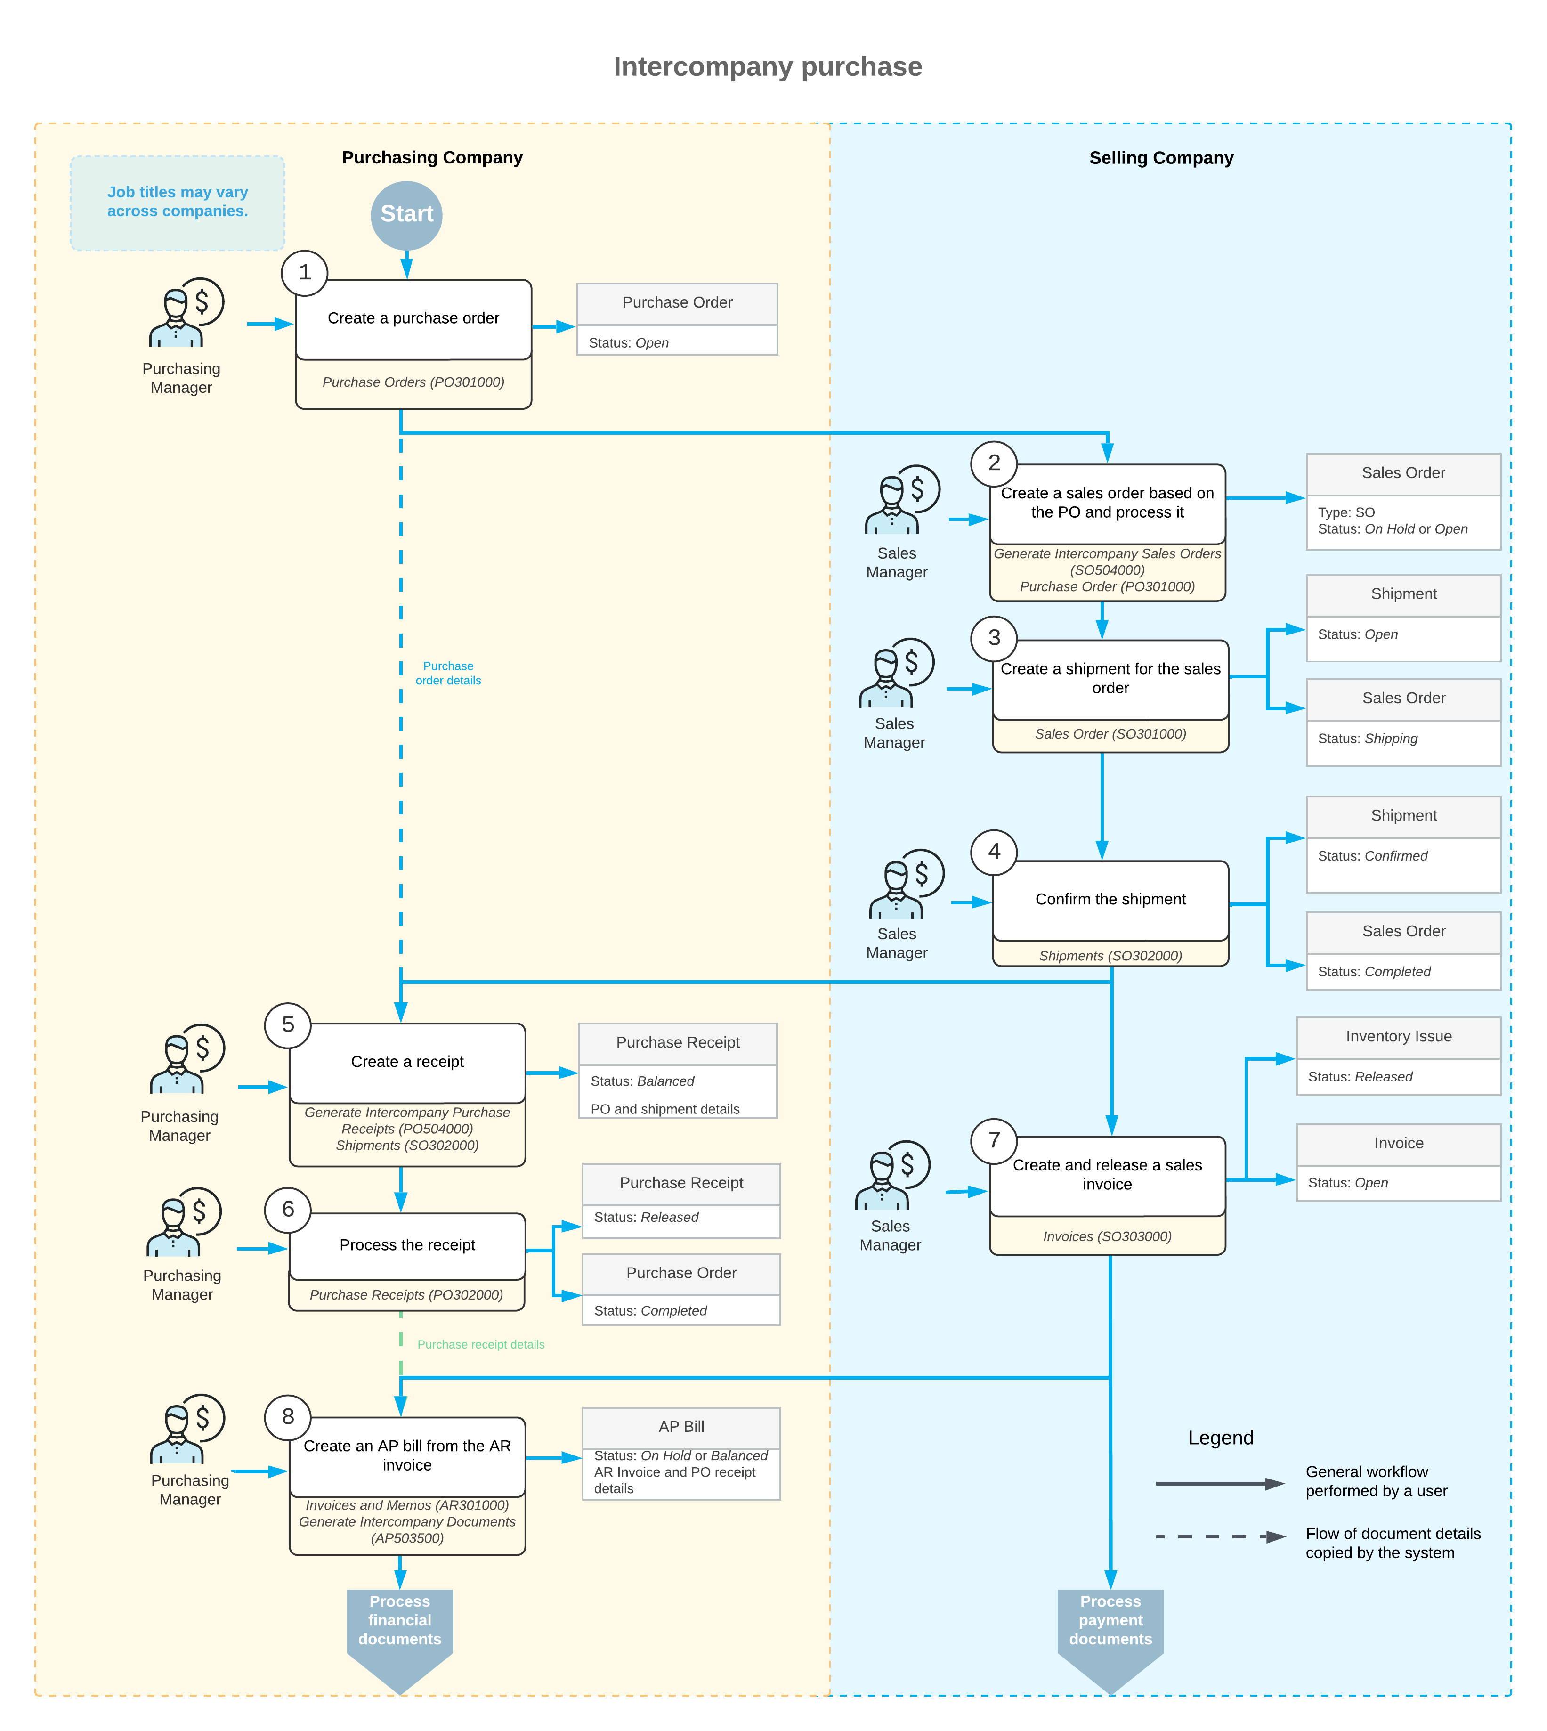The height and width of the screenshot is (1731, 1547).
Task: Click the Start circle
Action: pyautogui.click(x=406, y=216)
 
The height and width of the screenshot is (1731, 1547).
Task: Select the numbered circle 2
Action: pyautogui.click(x=994, y=463)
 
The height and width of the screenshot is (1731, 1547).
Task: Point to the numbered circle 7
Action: pyautogui.click(x=994, y=1141)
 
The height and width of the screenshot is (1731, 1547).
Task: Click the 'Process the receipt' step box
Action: pyautogui.click(x=407, y=1245)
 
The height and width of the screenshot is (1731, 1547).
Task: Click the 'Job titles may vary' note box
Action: pyautogui.click(x=178, y=203)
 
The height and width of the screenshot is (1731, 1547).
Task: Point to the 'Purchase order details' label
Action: pyautogui.click(x=448, y=674)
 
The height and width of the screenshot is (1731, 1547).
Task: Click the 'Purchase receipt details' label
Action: pyautogui.click(x=481, y=1345)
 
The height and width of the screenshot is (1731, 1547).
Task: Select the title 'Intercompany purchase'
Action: pyautogui.click(x=768, y=66)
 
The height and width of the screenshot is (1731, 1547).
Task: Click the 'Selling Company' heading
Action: pyautogui.click(x=1161, y=158)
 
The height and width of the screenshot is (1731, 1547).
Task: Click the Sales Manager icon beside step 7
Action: pyautogui.click(x=892, y=1175)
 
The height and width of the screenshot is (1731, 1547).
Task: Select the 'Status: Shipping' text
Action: pyautogui.click(x=1368, y=739)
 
